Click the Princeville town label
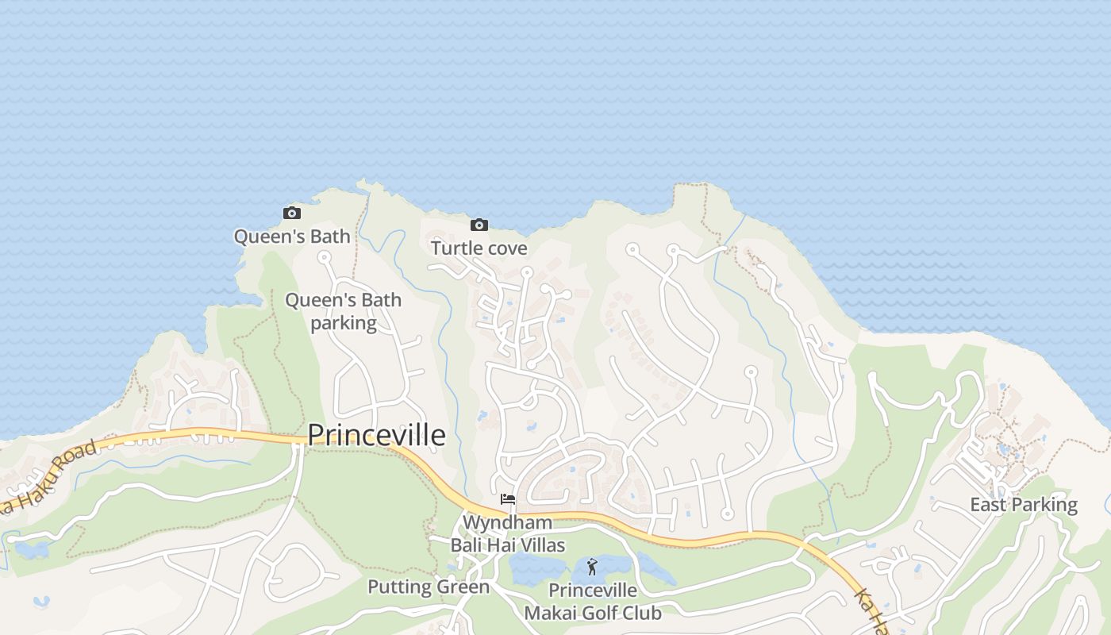[376, 435]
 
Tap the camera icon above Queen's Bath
[292, 213]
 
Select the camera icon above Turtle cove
[479, 225]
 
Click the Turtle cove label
[479, 248]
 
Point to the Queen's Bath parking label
[343, 311]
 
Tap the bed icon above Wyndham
[508, 499]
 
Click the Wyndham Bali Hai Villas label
[508, 534]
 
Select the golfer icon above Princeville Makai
[591, 568]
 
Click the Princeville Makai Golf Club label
[593, 602]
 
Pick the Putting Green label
[429, 587]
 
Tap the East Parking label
[1024, 505]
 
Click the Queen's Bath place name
[292, 236]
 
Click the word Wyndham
[507, 523]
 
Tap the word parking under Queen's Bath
[343, 323]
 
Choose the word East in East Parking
[989, 505]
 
